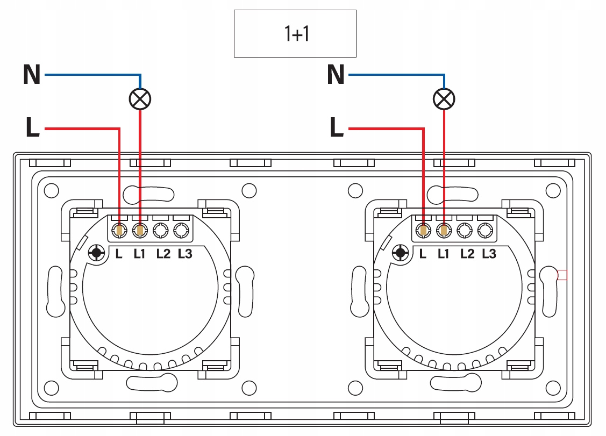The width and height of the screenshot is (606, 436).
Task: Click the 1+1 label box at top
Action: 295,34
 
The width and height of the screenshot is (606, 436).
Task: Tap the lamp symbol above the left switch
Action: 140,99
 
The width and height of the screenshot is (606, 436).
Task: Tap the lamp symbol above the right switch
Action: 444,99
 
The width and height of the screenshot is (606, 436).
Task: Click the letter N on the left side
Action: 32,74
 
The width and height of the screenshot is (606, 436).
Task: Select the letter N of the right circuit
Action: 336,74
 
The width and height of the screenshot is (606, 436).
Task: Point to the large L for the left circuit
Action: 32,127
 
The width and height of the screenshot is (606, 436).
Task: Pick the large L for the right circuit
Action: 337,127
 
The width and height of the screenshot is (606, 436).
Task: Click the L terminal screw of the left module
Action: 119,231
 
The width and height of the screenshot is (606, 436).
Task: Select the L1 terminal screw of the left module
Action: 140,231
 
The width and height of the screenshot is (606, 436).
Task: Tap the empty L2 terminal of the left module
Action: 160,231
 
